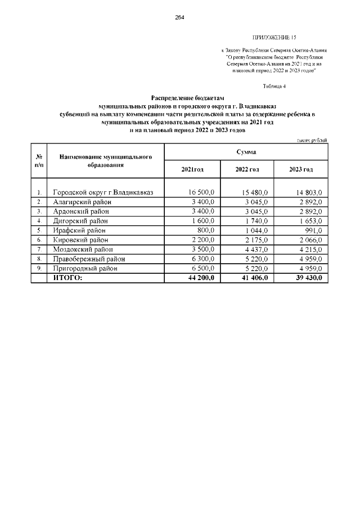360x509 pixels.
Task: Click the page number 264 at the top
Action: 179,17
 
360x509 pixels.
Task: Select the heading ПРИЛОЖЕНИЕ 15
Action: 276,38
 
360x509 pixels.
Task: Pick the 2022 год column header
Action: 247,169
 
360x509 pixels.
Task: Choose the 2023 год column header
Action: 301,169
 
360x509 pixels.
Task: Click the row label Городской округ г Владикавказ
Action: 103,192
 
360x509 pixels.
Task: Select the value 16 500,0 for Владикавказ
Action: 200,192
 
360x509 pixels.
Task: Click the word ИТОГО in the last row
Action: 67,278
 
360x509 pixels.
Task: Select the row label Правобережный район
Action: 89,259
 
